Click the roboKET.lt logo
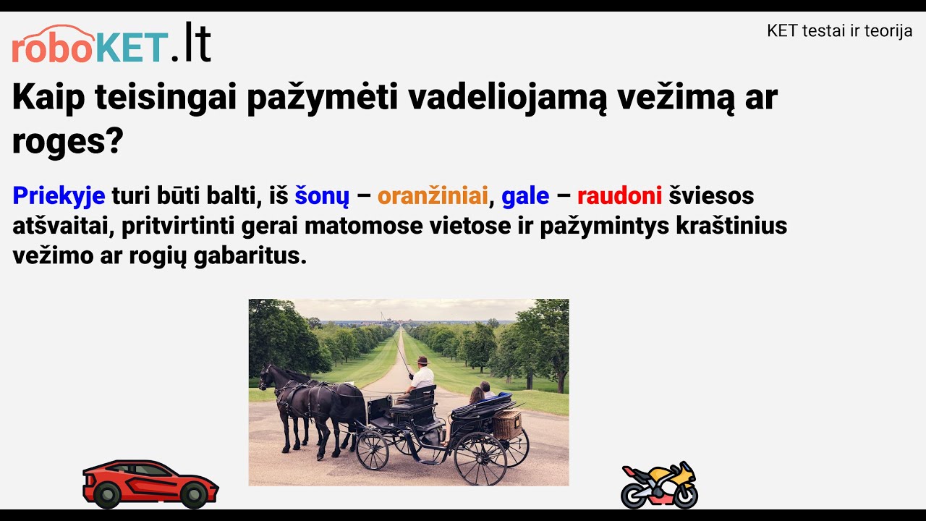[111, 43]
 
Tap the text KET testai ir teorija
[839, 31]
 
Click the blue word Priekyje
[59, 195]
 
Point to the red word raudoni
[619, 195]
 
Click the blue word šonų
[322, 196]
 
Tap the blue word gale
[525, 196]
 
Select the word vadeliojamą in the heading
[507, 98]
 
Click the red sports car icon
[150, 483]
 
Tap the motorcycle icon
[659, 486]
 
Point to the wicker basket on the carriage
[507, 425]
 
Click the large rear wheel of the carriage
[480, 458]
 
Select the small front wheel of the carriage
[373, 450]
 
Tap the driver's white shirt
[422, 378]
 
